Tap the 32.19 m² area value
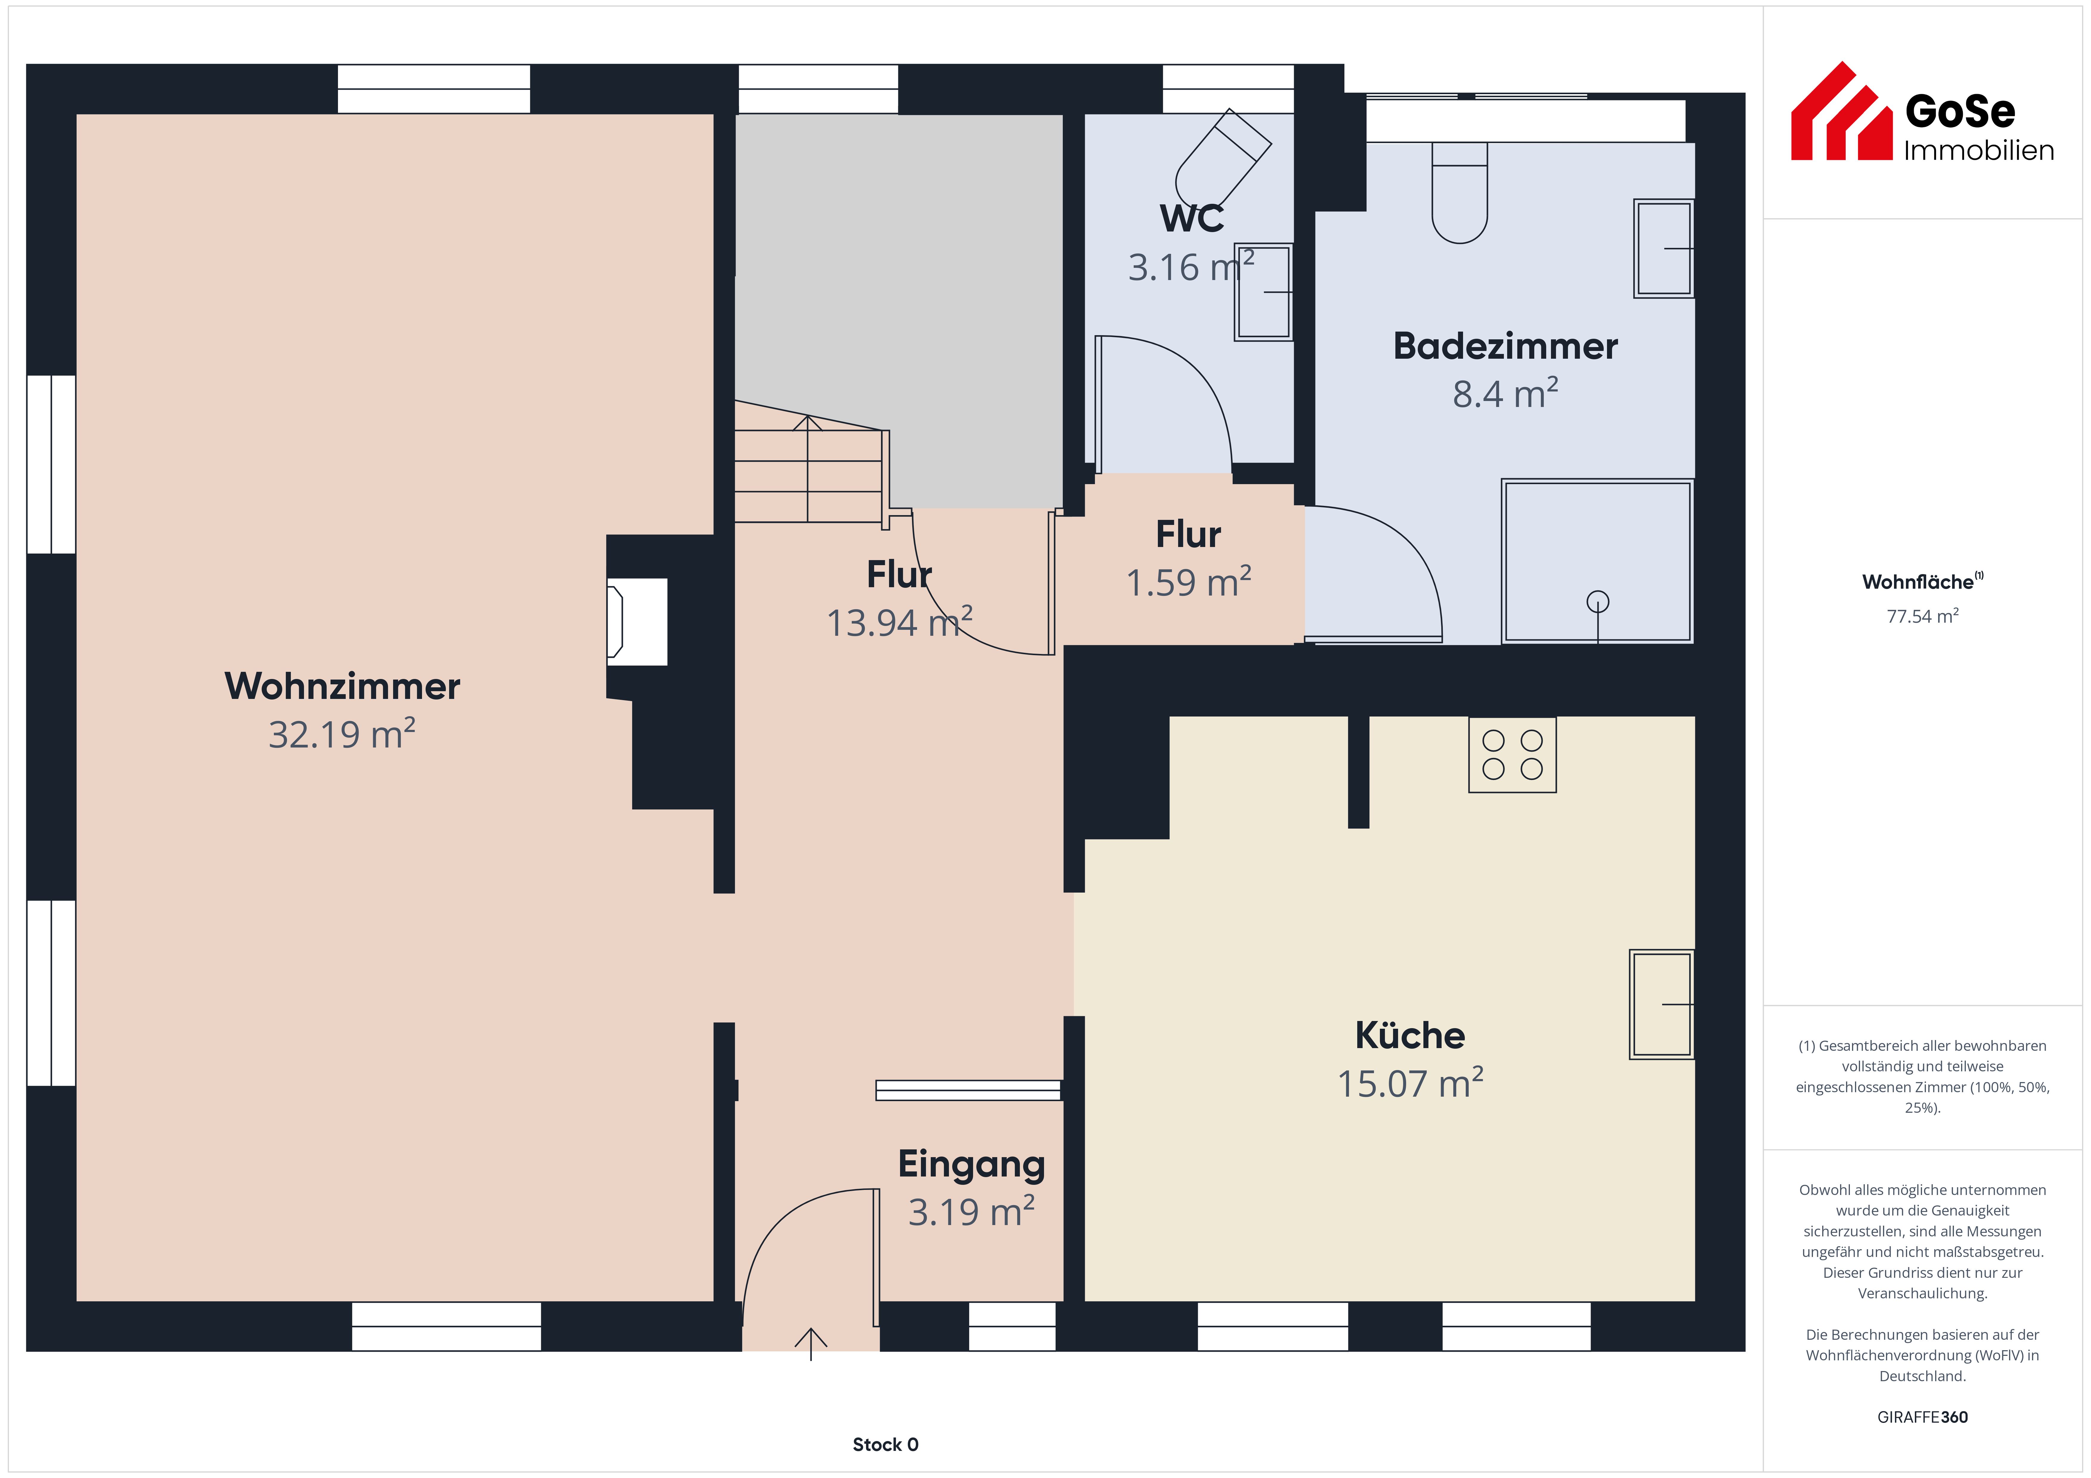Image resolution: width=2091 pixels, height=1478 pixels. coord(342,734)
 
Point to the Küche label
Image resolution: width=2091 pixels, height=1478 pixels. coord(1410,1035)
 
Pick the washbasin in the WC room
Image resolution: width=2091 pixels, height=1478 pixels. coord(1263,292)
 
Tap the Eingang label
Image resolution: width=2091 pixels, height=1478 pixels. coord(972,1165)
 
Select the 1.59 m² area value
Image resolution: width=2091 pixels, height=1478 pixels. coord(1189,582)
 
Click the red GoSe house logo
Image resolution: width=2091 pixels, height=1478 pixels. coord(1842,111)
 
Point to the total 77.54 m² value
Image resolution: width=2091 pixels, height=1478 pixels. coord(1923,616)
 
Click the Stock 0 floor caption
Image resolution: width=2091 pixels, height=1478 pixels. coord(885,1444)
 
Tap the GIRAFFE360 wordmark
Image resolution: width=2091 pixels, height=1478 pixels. coord(1923,1417)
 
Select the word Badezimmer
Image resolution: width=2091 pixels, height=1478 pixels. coord(1505,346)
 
